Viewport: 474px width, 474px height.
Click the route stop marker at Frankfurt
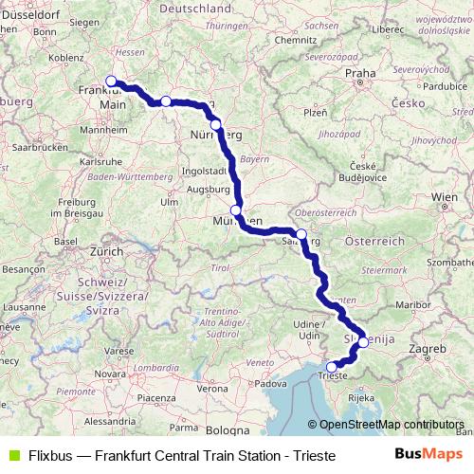(x=111, y=81)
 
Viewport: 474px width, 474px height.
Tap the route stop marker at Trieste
(x=331, y=367)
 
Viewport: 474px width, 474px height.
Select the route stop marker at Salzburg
(x=301, y=234)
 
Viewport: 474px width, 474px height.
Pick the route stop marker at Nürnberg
(x=215, y=124)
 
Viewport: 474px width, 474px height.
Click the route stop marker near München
(x=235, y=210)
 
